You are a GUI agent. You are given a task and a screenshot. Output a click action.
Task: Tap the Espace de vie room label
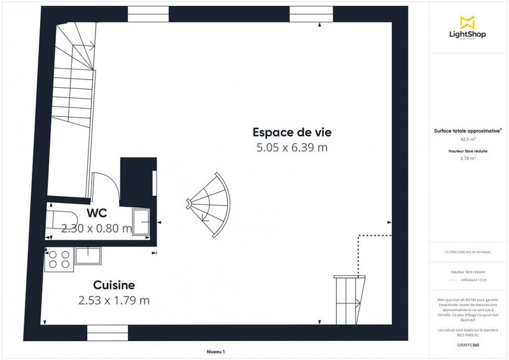292,132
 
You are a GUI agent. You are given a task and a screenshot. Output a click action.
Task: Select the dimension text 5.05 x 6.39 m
292,148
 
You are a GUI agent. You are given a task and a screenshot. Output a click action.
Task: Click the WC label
97,213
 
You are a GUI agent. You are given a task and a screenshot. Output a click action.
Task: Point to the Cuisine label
114,285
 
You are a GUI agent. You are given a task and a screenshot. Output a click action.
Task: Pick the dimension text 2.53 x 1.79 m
114,300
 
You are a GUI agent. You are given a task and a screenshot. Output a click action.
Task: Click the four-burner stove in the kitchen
59,258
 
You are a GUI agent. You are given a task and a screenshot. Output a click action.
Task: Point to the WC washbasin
141,219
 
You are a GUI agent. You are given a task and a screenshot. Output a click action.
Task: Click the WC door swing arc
106,185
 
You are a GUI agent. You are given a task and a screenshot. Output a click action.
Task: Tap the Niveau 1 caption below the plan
216,352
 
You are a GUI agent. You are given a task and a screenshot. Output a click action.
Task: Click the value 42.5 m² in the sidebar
468,139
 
